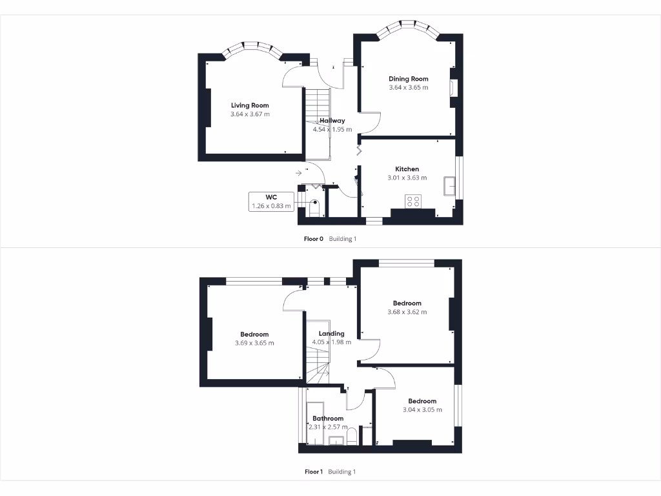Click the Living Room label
[250, 105]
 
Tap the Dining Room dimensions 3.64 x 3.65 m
[408, 87]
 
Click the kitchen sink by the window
[449, 186]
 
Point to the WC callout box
[270, 201]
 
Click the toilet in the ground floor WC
[315, 207]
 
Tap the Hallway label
[332, 120]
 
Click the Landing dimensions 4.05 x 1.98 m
[332, 342]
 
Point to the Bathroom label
[329, 418]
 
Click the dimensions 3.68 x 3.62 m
[407, 312]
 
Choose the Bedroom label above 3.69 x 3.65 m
[254, 335]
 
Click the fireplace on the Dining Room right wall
[454, 88]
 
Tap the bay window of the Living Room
[250, 48]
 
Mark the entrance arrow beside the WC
[299, 173]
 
